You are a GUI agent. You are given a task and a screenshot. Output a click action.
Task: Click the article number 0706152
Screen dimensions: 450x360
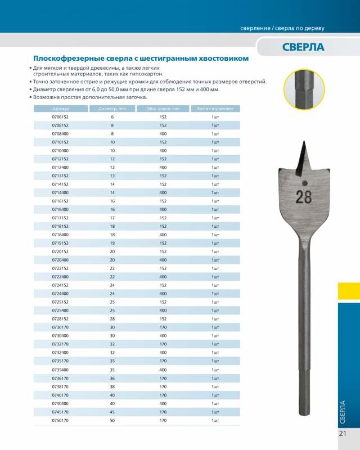[x=60, y=116]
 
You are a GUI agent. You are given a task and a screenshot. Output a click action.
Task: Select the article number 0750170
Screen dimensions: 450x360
[x=60, y=420]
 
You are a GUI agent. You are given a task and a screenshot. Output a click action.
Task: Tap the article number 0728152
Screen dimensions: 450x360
[x=60, y=319]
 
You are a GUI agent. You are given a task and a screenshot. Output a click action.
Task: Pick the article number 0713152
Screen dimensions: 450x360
[x=60, y=175]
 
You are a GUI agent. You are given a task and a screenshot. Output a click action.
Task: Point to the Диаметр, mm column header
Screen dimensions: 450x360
[x=112, y=109]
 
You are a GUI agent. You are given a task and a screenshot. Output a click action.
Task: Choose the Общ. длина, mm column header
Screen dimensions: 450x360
[x=163, y=109]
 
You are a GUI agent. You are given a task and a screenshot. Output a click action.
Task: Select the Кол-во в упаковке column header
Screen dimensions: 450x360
[x=215, y=109]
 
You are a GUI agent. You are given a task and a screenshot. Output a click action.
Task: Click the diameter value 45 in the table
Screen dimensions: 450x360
[x=112, y=412]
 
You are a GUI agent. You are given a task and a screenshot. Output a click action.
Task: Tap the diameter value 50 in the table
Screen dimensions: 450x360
[x=112, y=420]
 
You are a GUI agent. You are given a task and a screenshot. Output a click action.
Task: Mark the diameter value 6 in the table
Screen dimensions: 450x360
[x=112, y=116]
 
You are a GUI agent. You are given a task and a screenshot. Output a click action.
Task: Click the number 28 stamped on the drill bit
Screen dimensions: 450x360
[x=303, y=197]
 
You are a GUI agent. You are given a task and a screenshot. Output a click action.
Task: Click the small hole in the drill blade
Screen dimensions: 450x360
[x=303, y=183]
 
